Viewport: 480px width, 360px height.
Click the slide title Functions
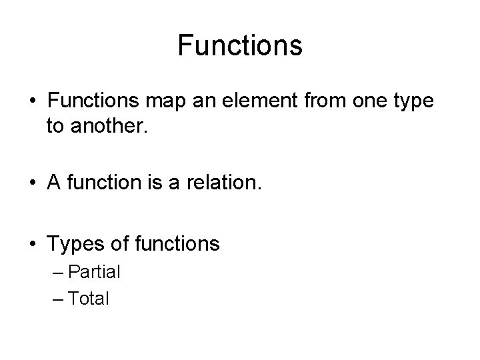click(240, 46)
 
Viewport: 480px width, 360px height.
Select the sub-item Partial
click(95, 272)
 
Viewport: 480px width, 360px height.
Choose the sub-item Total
click(88, 299)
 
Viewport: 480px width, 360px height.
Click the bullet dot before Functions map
click(32, 102)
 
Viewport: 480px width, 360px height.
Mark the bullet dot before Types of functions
click(32, 245)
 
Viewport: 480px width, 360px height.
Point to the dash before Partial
click(57, 273)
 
